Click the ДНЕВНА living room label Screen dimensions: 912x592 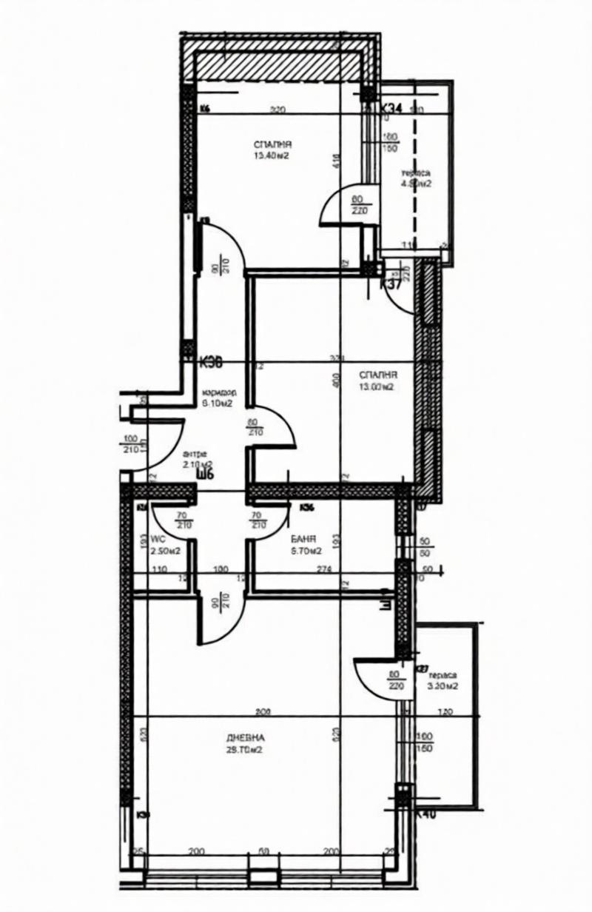point(246,738)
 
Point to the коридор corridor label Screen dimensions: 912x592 point(218,394)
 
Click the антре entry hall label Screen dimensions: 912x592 point(195,454)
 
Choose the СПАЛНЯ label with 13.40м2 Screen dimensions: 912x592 point(271,145)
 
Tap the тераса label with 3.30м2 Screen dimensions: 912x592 point(443,675)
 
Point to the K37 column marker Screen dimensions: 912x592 point(390,284)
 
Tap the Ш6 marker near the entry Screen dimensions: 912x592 point(205,475)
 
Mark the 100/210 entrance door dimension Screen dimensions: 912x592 point(132,443)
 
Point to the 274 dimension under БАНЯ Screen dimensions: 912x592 point(323,569)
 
